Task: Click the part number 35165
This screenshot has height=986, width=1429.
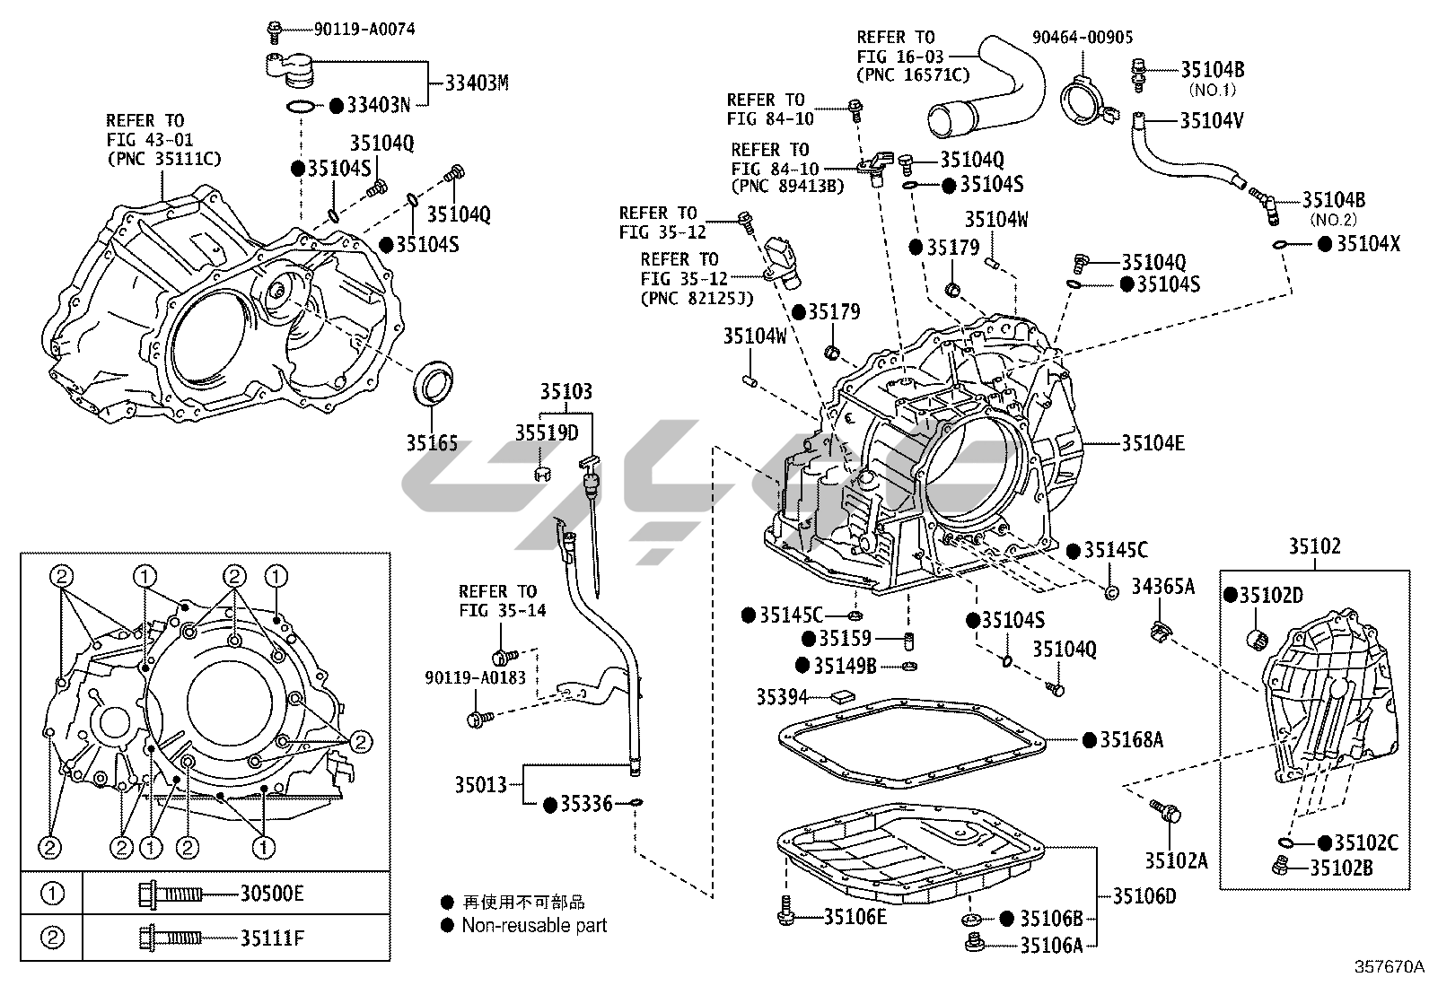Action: [x=431, y=443]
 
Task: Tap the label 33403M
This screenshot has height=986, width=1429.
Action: [x=477, y=83]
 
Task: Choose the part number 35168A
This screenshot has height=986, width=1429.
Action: [x=1132, y=740]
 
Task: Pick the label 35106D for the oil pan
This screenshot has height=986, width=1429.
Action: [x=1144, y=895]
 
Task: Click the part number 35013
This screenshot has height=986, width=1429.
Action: [x=481, y=785]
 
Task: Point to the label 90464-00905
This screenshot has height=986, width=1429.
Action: [x=1082, y=37]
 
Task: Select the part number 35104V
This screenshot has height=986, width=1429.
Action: [x=1212, y=120]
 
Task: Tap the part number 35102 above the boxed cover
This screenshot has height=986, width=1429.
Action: [x=1315, y=545]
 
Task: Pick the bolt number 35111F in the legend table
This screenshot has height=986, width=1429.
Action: [x=272, y=939]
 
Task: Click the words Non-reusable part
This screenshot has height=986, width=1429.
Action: [x=534, y=925]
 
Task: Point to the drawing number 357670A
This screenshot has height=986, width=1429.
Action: [x=1390, y=967]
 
